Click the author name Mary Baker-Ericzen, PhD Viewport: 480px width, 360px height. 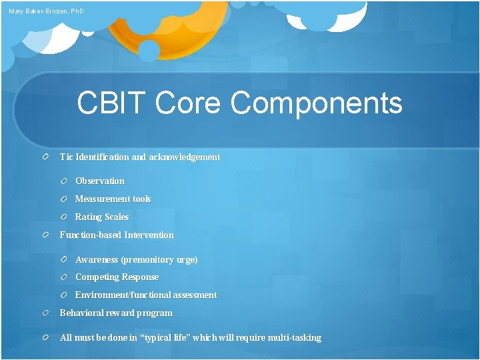47,11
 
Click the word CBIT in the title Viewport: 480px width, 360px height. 111,103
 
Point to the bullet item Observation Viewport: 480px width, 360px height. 99,181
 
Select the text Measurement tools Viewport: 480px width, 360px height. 113,199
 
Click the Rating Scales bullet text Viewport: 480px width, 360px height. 101,217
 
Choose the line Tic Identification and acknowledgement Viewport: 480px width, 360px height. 139,157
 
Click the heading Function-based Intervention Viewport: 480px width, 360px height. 117,235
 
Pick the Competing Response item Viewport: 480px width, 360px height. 117,277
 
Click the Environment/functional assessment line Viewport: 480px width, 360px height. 145,295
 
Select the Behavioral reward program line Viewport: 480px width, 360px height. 116,313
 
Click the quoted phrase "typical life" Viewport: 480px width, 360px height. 173,338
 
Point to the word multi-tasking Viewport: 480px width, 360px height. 294,338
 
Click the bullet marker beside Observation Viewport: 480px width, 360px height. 63,181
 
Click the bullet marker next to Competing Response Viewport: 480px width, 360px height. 63,277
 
